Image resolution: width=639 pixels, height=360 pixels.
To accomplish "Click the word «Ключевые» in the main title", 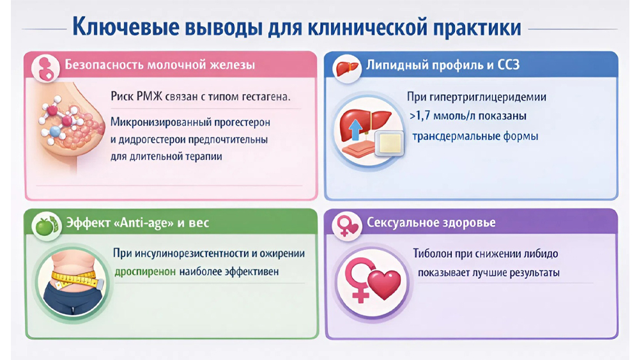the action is click(x=126, y=27).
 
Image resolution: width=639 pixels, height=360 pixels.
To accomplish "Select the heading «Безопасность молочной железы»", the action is click(x=160, y=65).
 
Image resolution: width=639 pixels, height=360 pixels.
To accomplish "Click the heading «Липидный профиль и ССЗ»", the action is click(x=443, y=65).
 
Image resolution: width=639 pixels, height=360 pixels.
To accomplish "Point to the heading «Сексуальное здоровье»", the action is click(x=431, y=222).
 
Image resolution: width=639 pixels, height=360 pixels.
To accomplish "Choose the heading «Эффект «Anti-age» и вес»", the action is click(x=137, y=223).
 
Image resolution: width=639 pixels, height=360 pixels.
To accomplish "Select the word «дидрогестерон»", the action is click(x=151, y=140).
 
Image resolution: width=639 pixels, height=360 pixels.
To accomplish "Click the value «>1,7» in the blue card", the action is click(x=420, y=116).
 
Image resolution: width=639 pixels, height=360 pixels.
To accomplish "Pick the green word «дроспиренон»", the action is click(x=145, y=272).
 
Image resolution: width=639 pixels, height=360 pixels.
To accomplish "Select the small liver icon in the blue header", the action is click(x=348, y=68).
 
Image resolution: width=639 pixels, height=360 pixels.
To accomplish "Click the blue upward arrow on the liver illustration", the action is click(x=355, y=130).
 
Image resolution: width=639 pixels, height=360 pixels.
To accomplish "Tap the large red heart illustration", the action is click(x=384, y=284).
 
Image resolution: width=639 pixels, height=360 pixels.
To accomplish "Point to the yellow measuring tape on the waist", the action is click(x=75, y=279).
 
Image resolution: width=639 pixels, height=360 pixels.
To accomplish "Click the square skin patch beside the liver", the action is click(x=390, y=143).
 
